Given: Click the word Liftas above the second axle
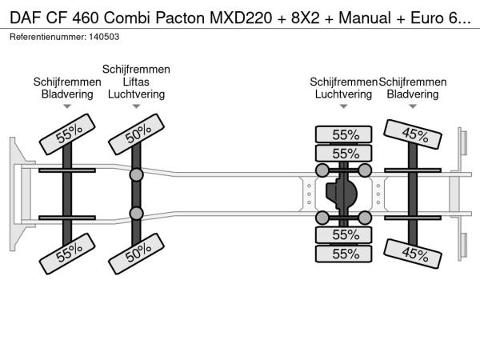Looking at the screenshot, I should pos(136,82).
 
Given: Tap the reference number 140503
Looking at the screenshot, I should pos(106,37).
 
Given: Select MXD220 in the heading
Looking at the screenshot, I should pos(240,15).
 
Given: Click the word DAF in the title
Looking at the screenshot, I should pos(25,15).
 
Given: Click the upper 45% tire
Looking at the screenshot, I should pos(414,134).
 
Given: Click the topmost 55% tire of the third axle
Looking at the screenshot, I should pos(344,134).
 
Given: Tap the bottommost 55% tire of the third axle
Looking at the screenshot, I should pos(344,254).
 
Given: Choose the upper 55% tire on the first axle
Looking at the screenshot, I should pos(67,134).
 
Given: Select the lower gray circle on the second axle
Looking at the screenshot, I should pos(137,213).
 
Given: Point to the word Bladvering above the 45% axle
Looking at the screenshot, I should pos(413,94).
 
